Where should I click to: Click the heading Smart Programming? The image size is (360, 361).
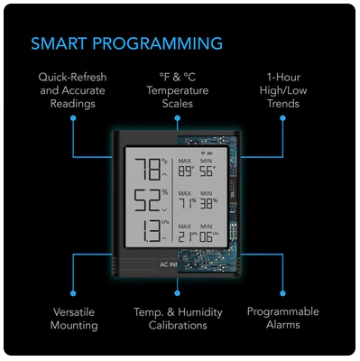126,43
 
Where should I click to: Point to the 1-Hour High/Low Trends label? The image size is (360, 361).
282,90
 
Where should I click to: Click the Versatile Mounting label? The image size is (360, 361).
74,318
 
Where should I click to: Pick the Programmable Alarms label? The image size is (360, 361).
282,318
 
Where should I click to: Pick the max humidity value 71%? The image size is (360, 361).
187,203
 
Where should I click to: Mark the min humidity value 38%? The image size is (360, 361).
209,203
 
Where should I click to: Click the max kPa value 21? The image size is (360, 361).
187,236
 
